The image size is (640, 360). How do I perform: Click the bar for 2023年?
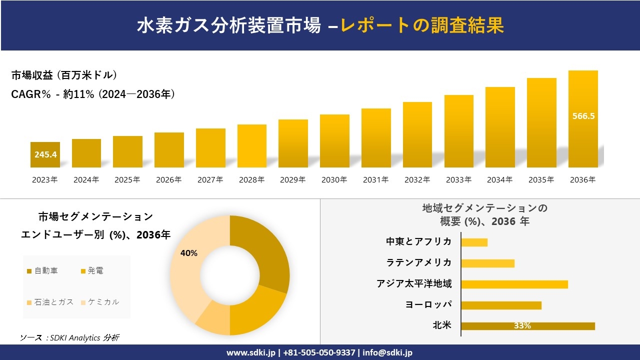coord(45,154)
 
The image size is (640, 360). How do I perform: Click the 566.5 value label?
coord(583,116)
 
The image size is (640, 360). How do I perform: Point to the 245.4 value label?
coord(45,154)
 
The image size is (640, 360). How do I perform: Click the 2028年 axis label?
coord(251,180)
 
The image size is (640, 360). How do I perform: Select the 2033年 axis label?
coord(458,180)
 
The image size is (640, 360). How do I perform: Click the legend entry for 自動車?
coord(42,271)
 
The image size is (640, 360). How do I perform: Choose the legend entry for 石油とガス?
coord(50,302)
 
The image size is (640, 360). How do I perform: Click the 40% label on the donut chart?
coord(189,253)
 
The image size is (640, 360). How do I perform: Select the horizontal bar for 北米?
coord(528,326)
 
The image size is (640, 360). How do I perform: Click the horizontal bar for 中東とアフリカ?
coord(474,242)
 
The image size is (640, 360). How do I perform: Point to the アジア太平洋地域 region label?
coord(414,284)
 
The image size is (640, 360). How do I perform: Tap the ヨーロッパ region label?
coord(428,305)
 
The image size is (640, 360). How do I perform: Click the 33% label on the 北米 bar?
coord(522,326)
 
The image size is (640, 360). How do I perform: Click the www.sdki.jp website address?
coord(250,352)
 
